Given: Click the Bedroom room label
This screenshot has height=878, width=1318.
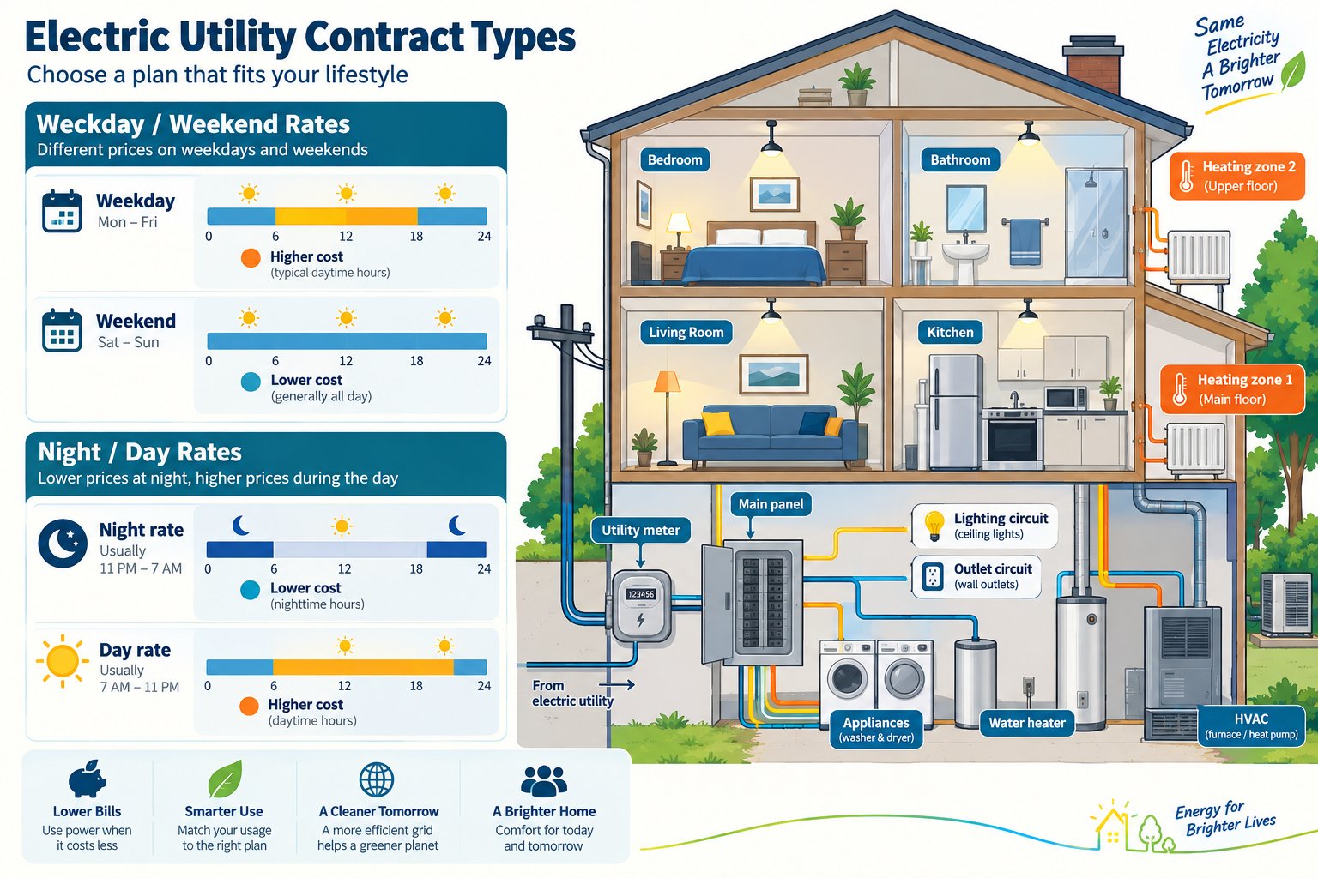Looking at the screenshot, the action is click(675, 159).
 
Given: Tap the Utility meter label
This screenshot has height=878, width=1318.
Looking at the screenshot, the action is click(640, 530).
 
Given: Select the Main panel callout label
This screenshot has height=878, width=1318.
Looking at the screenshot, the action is click(771, 504).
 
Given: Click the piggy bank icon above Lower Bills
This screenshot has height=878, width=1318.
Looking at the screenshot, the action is click(87, 779).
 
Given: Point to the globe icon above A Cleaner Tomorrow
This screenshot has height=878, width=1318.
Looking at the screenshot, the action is click(377, 779).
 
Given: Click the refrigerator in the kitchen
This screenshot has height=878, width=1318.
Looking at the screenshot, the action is click(955, 412).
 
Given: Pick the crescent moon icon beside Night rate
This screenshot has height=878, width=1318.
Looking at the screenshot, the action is click(63, 543).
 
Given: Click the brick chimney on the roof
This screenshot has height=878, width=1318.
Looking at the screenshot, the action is click(1092, 64).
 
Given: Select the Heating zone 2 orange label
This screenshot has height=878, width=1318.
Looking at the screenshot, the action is click(1236, 177).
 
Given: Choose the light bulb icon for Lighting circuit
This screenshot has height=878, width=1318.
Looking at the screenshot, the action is click(934, 525).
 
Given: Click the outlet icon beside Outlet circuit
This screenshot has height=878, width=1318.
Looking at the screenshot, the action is click(933, 576).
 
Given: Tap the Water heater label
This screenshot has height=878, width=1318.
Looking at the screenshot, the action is click(1027, 723).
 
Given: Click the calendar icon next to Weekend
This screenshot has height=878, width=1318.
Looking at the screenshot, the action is click(62, 330).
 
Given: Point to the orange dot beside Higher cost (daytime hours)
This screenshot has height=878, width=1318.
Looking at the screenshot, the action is click(249, 707).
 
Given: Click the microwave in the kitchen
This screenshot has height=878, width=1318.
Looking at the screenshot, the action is click(1066, 399).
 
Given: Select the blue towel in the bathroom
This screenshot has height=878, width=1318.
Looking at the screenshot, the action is click(1025, 243).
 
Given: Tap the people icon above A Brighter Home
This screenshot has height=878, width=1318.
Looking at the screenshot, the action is click(544, 779).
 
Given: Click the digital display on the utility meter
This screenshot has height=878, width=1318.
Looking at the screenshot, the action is click(641, 594).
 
